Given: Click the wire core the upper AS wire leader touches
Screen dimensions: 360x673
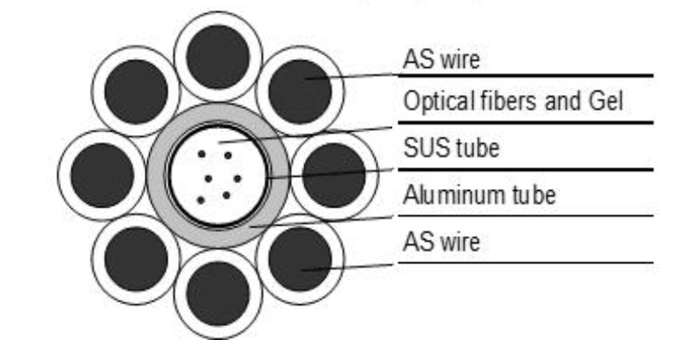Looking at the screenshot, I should (x=301, y=85).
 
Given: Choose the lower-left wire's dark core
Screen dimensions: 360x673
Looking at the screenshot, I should (x=135, y=258).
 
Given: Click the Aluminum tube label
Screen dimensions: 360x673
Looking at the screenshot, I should (x=478, y=194).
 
